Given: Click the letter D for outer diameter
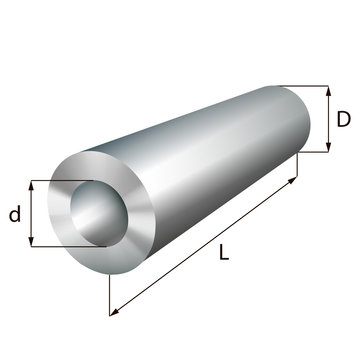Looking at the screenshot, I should [x=343, y=119].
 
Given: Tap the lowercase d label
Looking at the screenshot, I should [x=16, y=214].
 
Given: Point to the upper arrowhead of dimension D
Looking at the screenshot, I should [x=328, y=89].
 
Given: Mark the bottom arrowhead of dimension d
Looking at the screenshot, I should [x=33, y=243].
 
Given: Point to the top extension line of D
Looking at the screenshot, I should [x=300, y=85].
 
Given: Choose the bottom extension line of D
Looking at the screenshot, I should [x=315, y=152].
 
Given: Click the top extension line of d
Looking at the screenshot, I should [x=60, y=181].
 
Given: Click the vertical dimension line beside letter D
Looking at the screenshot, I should [x=328, y=119].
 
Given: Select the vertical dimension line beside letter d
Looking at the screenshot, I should [x=33, y=214].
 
